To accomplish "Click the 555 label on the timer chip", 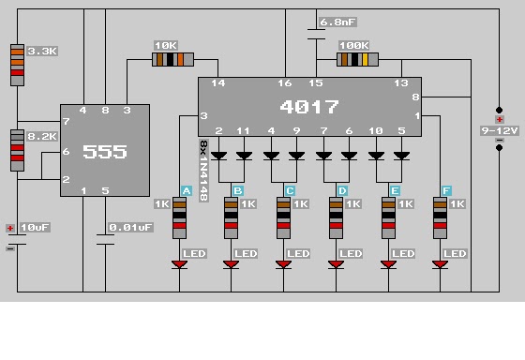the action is pos(105,152).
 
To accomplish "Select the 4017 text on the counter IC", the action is pos(309,107).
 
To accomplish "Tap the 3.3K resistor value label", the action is pos(42,52).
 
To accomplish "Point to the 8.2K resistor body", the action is pos(18,150).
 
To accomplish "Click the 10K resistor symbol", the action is pos(172,60).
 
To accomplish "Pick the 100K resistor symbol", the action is pos(357,60).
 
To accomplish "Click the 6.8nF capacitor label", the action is pos(337,22).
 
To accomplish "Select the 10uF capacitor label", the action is pos(35,228).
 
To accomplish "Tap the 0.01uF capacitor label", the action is pos(130,228).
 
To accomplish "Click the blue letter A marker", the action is pos(187,191).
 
